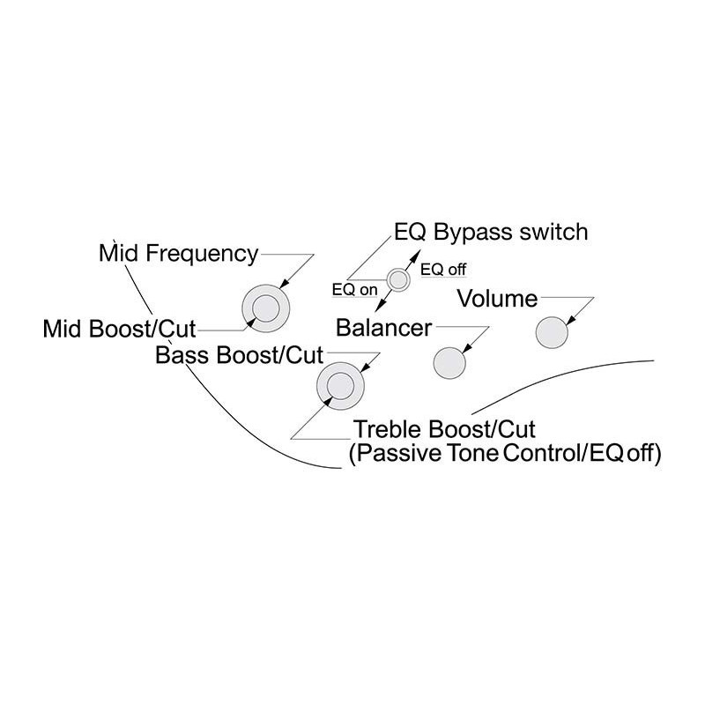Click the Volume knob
click(552, 332)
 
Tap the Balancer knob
click(449, 361)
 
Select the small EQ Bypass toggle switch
click(399, 280)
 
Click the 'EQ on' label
click(353, 289)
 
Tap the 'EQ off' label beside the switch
click(443, 269)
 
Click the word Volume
click(497, 300)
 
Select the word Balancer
click(384, 329)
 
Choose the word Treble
click(388, 431)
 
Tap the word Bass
click(182, 355)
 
